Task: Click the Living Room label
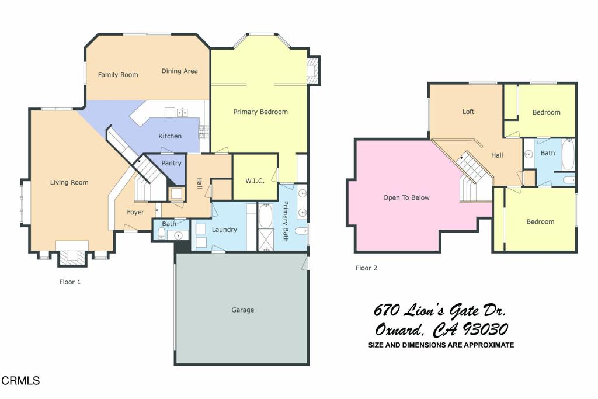tap(69, 183)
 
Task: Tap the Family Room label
tap(117, 75)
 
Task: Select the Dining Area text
tap(179, 71)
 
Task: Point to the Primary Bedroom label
tap(260, 112)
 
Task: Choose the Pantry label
tap(172, 164)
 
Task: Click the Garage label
tap(242, 310)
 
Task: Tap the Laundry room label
tap(224, 230)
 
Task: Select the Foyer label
tap(135, 213)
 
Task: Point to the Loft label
tap(468, 112)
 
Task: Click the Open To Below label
tap(406, 198)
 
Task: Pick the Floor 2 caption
tap(366, 269)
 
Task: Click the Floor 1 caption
tap(70, 282)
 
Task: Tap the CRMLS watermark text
tap(20, 381)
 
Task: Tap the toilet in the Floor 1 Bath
tap(162, 234)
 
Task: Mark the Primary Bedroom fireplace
tap(314, 70)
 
